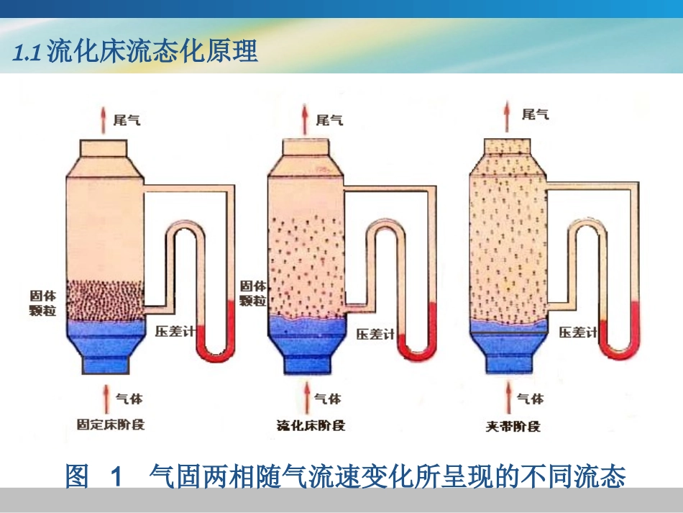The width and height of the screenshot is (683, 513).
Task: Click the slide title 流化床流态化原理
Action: (137, 53)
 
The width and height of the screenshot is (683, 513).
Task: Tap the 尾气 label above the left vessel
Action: (127, 119)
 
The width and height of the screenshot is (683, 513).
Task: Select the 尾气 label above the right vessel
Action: (535, 114)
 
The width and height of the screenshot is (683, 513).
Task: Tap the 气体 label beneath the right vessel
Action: (531, 399)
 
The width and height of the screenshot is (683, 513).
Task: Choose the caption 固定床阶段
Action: (111, 424)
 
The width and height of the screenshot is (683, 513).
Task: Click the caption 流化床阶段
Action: (311, 425)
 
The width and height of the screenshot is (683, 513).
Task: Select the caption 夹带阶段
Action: (513, 425)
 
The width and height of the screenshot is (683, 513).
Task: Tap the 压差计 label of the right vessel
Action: (579, 332)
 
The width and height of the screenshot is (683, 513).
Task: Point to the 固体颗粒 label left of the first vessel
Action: (41, 302)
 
